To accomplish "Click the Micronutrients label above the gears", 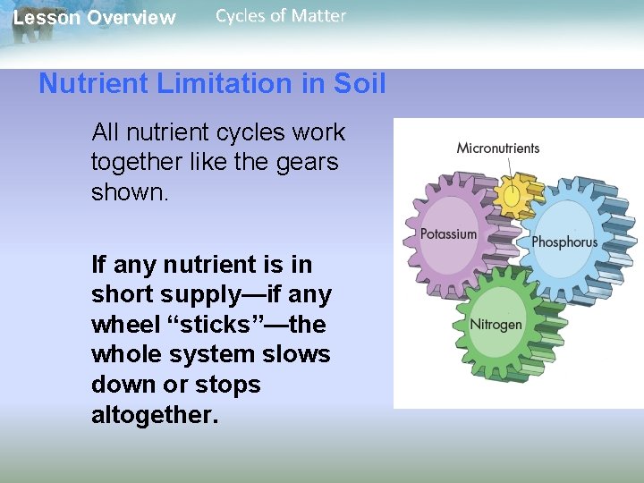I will point(498,148).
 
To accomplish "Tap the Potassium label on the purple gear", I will point(448,234).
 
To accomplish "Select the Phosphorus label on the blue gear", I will point(563,241).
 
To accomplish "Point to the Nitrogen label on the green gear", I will point(496,324).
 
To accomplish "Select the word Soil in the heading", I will point(359,84).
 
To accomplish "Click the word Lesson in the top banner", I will point(45,18).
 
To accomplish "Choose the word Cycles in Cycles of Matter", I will point(242,15).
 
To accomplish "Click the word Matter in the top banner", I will point(318,15).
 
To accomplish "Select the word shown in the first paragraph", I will point(126,193).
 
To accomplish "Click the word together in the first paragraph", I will point(140,163).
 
